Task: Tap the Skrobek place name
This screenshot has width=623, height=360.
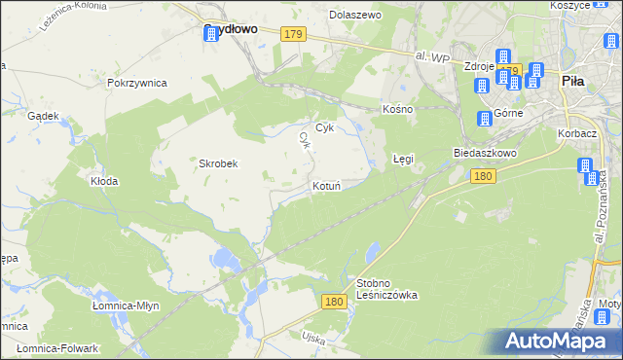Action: (x=219, y=163)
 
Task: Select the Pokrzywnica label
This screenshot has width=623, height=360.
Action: (x=137, y=83)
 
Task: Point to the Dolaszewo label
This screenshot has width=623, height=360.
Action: (x=355, y=16)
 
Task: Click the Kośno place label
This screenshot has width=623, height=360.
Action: (x=398, y=109)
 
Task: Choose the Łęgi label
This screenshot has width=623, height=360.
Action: (x=403, y=158)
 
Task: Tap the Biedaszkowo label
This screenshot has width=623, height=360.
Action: (x=484, y=154)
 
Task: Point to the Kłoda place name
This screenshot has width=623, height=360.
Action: (x=104, y=181)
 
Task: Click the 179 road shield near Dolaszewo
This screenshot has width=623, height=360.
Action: (x=293, y=35)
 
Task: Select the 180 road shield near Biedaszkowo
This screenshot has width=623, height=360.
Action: (x=483, y=176)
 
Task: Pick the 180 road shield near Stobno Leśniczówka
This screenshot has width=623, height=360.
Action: (x=333, y=303)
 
